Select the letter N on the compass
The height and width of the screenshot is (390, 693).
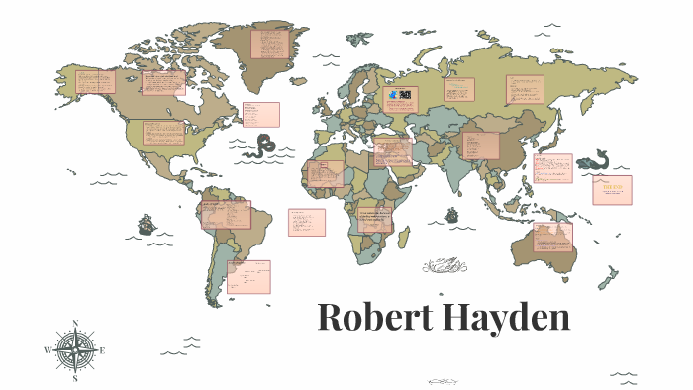point(76,323)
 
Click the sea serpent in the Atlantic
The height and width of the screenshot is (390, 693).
point(261,147)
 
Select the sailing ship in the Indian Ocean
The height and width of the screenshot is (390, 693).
point(451,214)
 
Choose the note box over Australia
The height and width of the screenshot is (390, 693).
point(552,236)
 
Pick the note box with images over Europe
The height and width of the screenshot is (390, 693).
point(400,99)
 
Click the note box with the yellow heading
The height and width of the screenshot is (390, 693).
point(612,189)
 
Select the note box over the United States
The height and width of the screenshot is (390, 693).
point(161,133)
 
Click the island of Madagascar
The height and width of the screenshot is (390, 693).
point(406,238)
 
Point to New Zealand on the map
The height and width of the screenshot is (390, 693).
point(606,278)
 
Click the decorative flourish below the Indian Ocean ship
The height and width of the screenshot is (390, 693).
point(445,265)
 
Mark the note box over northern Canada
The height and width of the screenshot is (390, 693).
point(162,83)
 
